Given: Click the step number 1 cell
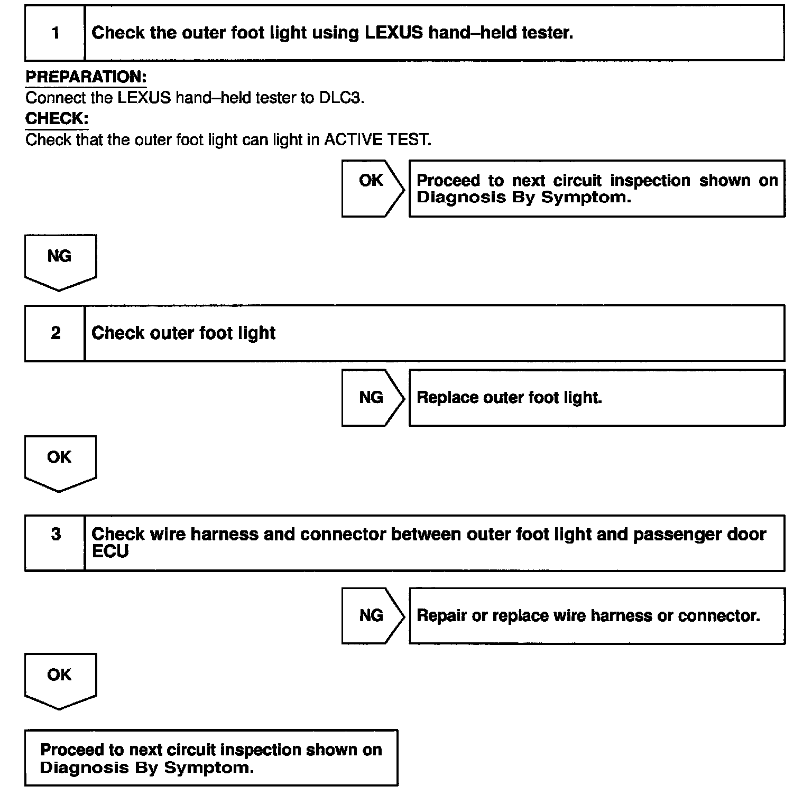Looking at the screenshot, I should [x=55, y=33].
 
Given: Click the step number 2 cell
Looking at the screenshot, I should [x=55, y=333].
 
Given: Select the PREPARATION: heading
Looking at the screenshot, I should [x=86, y=77].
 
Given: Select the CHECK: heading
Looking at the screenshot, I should [x=57, y=119].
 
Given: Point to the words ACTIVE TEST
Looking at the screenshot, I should [x=377, y=140].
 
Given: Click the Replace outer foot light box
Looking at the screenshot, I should [x=596, y=398].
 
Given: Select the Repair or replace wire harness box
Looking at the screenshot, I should [x=596, y=616].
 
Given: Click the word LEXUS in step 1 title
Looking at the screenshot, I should [x=394, y=33].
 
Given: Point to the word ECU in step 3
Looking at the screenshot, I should [x=110, y=552].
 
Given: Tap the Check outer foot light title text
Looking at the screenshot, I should [x=183, y=333].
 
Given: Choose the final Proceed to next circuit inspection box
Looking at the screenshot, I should [x=211, y=758].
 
